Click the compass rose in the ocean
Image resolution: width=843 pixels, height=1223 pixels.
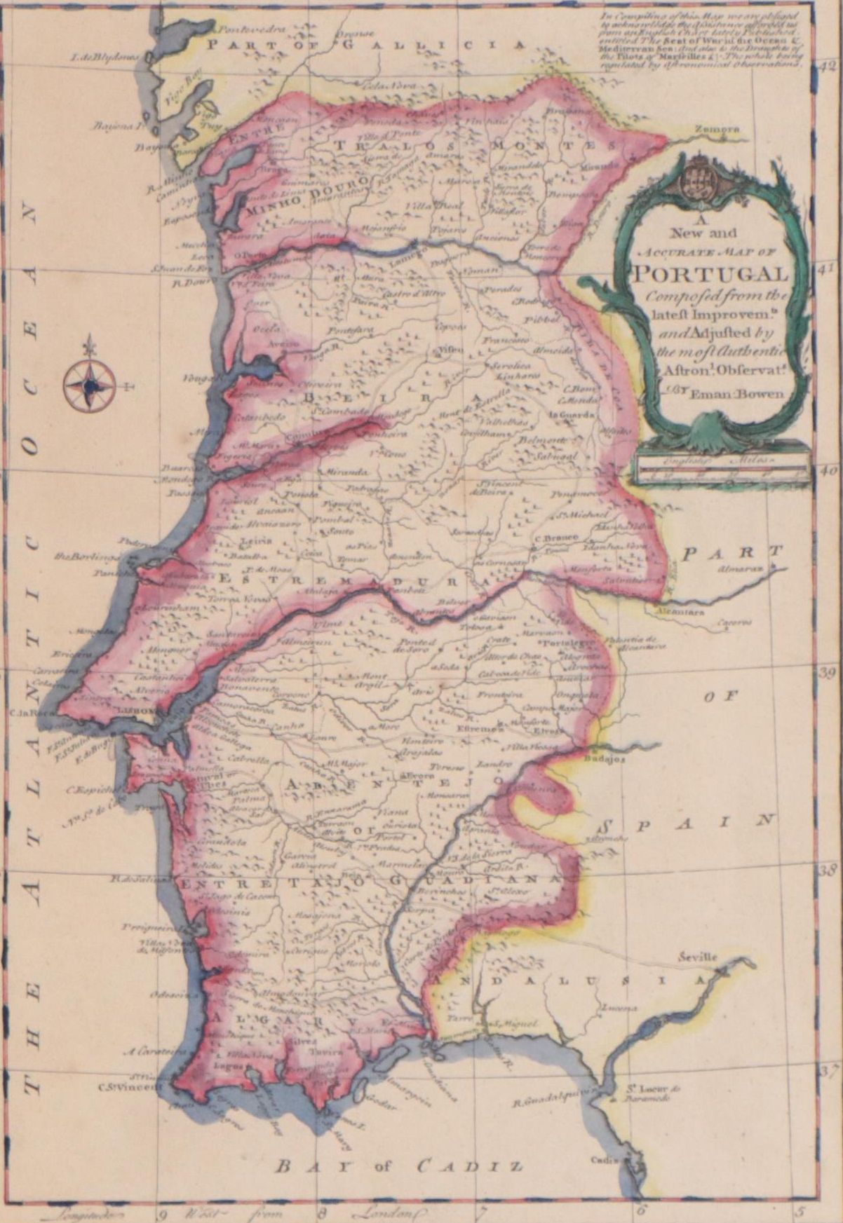pyautogui.click(x=89, y=385)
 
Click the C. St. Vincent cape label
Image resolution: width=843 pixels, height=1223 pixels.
pyautogui.click(x=130, y=1087)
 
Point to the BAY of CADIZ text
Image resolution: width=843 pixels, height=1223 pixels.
pyautogui.click(x=398, y=1167)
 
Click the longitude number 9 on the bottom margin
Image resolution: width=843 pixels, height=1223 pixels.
pyautogui.click(x=162, y=1215)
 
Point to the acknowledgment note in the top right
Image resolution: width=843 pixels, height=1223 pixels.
pyautogui.click(x=702, y=39)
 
